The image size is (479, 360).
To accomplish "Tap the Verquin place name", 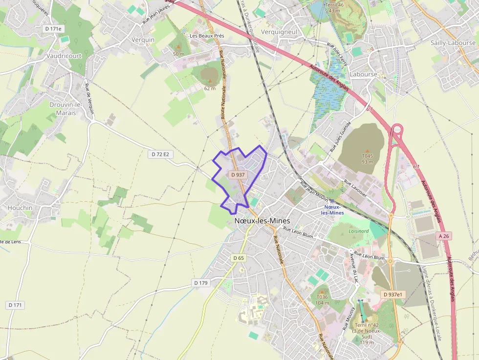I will coord(143,40).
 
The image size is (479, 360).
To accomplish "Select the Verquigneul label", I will coord(279,32).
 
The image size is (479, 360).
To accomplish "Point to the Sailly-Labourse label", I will coord(453,43).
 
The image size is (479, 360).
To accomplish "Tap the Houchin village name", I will coord(20,208).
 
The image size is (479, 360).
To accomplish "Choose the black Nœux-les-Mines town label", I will coord(262,221).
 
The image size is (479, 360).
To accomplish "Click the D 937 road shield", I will coord(238,174).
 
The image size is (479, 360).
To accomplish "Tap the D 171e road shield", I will coord(53,29).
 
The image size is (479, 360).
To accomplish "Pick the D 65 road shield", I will coord(239,258).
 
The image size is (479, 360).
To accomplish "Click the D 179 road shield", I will coord(201,283).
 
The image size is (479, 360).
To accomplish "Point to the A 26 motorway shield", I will coord(443,236).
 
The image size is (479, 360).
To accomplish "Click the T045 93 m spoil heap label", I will coord(368,159).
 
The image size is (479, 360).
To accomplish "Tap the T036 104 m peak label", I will coord(322,300).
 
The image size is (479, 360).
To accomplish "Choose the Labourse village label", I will coord(364,74).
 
